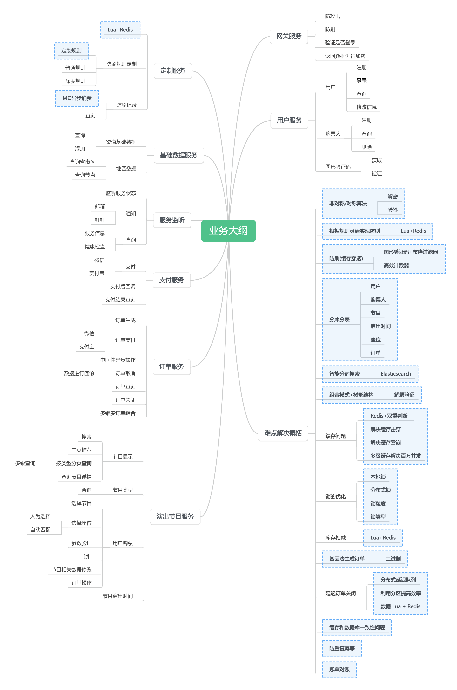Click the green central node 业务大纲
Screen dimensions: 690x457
[228, 231]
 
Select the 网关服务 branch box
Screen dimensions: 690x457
[289, 36]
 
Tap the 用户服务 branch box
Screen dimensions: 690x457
[289, 120]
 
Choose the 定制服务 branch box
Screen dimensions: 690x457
[172, 70]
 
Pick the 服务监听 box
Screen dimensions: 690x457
[172, 220]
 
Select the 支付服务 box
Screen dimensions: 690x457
[171, 280]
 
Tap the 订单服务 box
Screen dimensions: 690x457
[171, 367]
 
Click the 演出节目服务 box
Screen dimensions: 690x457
[175, 517]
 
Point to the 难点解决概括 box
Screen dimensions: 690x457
[283, 433]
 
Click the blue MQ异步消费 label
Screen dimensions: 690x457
[77, 98]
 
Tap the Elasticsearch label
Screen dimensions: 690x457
[395, 374]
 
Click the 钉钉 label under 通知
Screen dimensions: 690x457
[100, 220]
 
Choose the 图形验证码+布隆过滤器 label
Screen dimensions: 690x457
[410, 252]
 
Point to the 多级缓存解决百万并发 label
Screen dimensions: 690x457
[395, 456]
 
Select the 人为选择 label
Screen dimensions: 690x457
[41, 517]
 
